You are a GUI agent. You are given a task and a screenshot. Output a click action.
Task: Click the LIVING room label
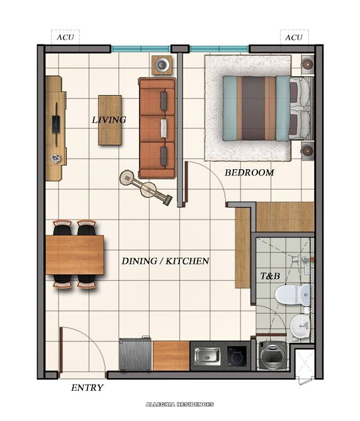(109, 120)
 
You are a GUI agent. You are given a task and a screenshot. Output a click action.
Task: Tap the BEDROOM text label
(249, 172)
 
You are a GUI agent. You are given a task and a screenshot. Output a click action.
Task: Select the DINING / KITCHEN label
(165, 261)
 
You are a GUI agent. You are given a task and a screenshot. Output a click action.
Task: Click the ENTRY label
(87, 388)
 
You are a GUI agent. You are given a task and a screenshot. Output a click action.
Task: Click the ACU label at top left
(65, 37)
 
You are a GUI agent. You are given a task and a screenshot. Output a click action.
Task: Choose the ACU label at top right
(294, 37)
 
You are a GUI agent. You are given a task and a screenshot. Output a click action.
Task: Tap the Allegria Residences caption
(180, 404)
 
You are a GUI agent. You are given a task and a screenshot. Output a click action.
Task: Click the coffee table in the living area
(110, 120)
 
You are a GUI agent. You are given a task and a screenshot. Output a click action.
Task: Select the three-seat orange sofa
(157, 128)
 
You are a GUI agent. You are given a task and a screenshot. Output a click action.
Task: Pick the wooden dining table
(74, 254)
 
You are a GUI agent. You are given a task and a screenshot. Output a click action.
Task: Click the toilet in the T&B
(295, 295)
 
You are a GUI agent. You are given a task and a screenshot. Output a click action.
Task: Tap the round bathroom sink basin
(300, 325)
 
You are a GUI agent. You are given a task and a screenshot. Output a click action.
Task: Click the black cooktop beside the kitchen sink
(236, 356)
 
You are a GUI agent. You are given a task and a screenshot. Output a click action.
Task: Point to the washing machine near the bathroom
(272, 356)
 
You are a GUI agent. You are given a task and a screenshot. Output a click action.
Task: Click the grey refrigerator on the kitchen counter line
(135, 355)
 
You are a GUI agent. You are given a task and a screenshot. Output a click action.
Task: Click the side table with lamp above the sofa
(162, 64)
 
